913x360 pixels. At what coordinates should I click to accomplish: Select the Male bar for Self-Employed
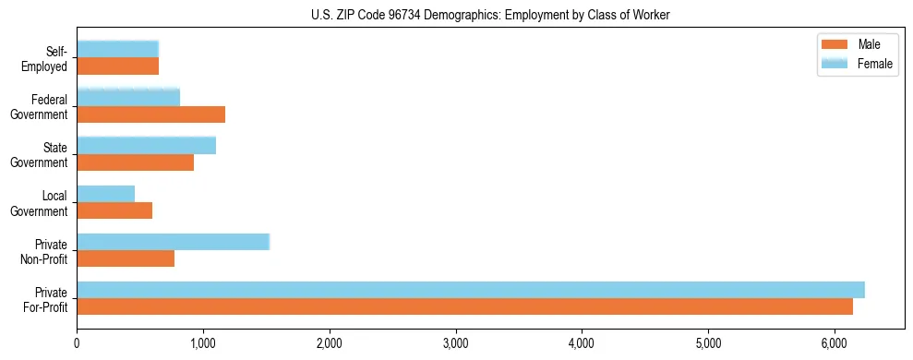tap(117, 66)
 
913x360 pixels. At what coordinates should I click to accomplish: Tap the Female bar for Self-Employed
tap(117, 49)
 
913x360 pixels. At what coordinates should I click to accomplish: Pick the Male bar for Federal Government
tap(150, 114)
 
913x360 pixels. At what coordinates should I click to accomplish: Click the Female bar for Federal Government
tap(128, 97)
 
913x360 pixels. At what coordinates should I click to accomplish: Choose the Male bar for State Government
tap(135, 162)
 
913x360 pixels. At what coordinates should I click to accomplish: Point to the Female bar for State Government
tap(146, 145)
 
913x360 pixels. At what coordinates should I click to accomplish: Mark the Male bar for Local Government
tap(114, 211)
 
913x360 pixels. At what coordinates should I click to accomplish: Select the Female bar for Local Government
tap(105, 194)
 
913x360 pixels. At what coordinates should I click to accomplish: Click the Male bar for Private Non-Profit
tap(126, 259)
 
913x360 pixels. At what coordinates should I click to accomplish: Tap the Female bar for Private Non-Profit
tap(173, 242)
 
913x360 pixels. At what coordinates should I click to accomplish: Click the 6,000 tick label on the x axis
tap(835, 342)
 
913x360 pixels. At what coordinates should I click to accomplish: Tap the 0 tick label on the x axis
tap(78, 342)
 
